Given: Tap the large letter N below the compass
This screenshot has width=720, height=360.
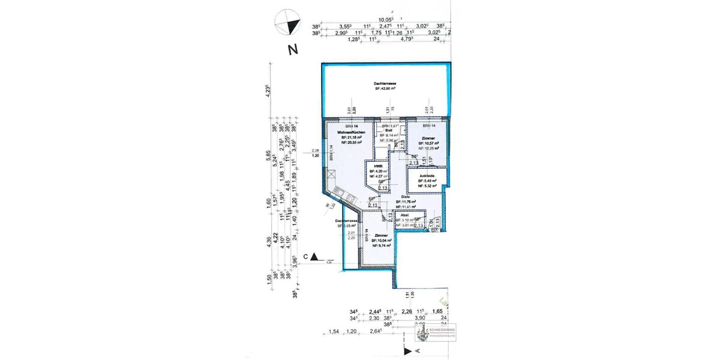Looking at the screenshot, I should click(x=293, y=50).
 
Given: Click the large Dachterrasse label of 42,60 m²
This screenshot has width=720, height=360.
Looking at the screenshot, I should click(x=386, y=84).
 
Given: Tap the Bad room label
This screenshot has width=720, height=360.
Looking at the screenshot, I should click(x=388, y=131).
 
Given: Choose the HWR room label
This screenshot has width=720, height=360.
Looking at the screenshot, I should click(x=378, y=166).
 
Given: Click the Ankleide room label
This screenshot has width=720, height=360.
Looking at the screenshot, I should click(x=427, y=175).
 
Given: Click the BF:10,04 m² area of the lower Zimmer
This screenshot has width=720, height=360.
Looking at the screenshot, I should click(x=381, y=241).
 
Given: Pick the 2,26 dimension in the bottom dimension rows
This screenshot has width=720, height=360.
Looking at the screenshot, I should click(x=406, y=311).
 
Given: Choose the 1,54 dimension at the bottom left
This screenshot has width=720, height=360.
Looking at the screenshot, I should click(x=334, y=331).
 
